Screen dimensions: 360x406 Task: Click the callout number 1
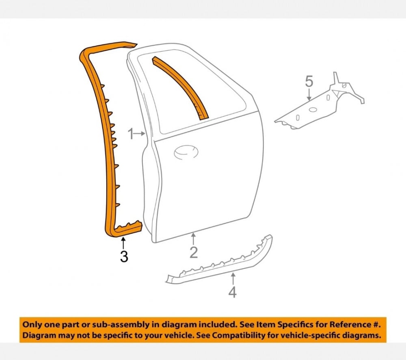(131, 133)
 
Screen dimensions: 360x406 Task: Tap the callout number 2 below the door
(194, 252)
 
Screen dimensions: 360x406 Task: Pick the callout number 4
(232, 292)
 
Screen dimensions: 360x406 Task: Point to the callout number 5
(309, 82)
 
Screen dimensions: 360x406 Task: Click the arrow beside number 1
(140, 133)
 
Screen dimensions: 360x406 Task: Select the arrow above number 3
(123, 243)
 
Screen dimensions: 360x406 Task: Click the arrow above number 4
(232, 279)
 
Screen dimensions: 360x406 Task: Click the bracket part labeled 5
(321, 106)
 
